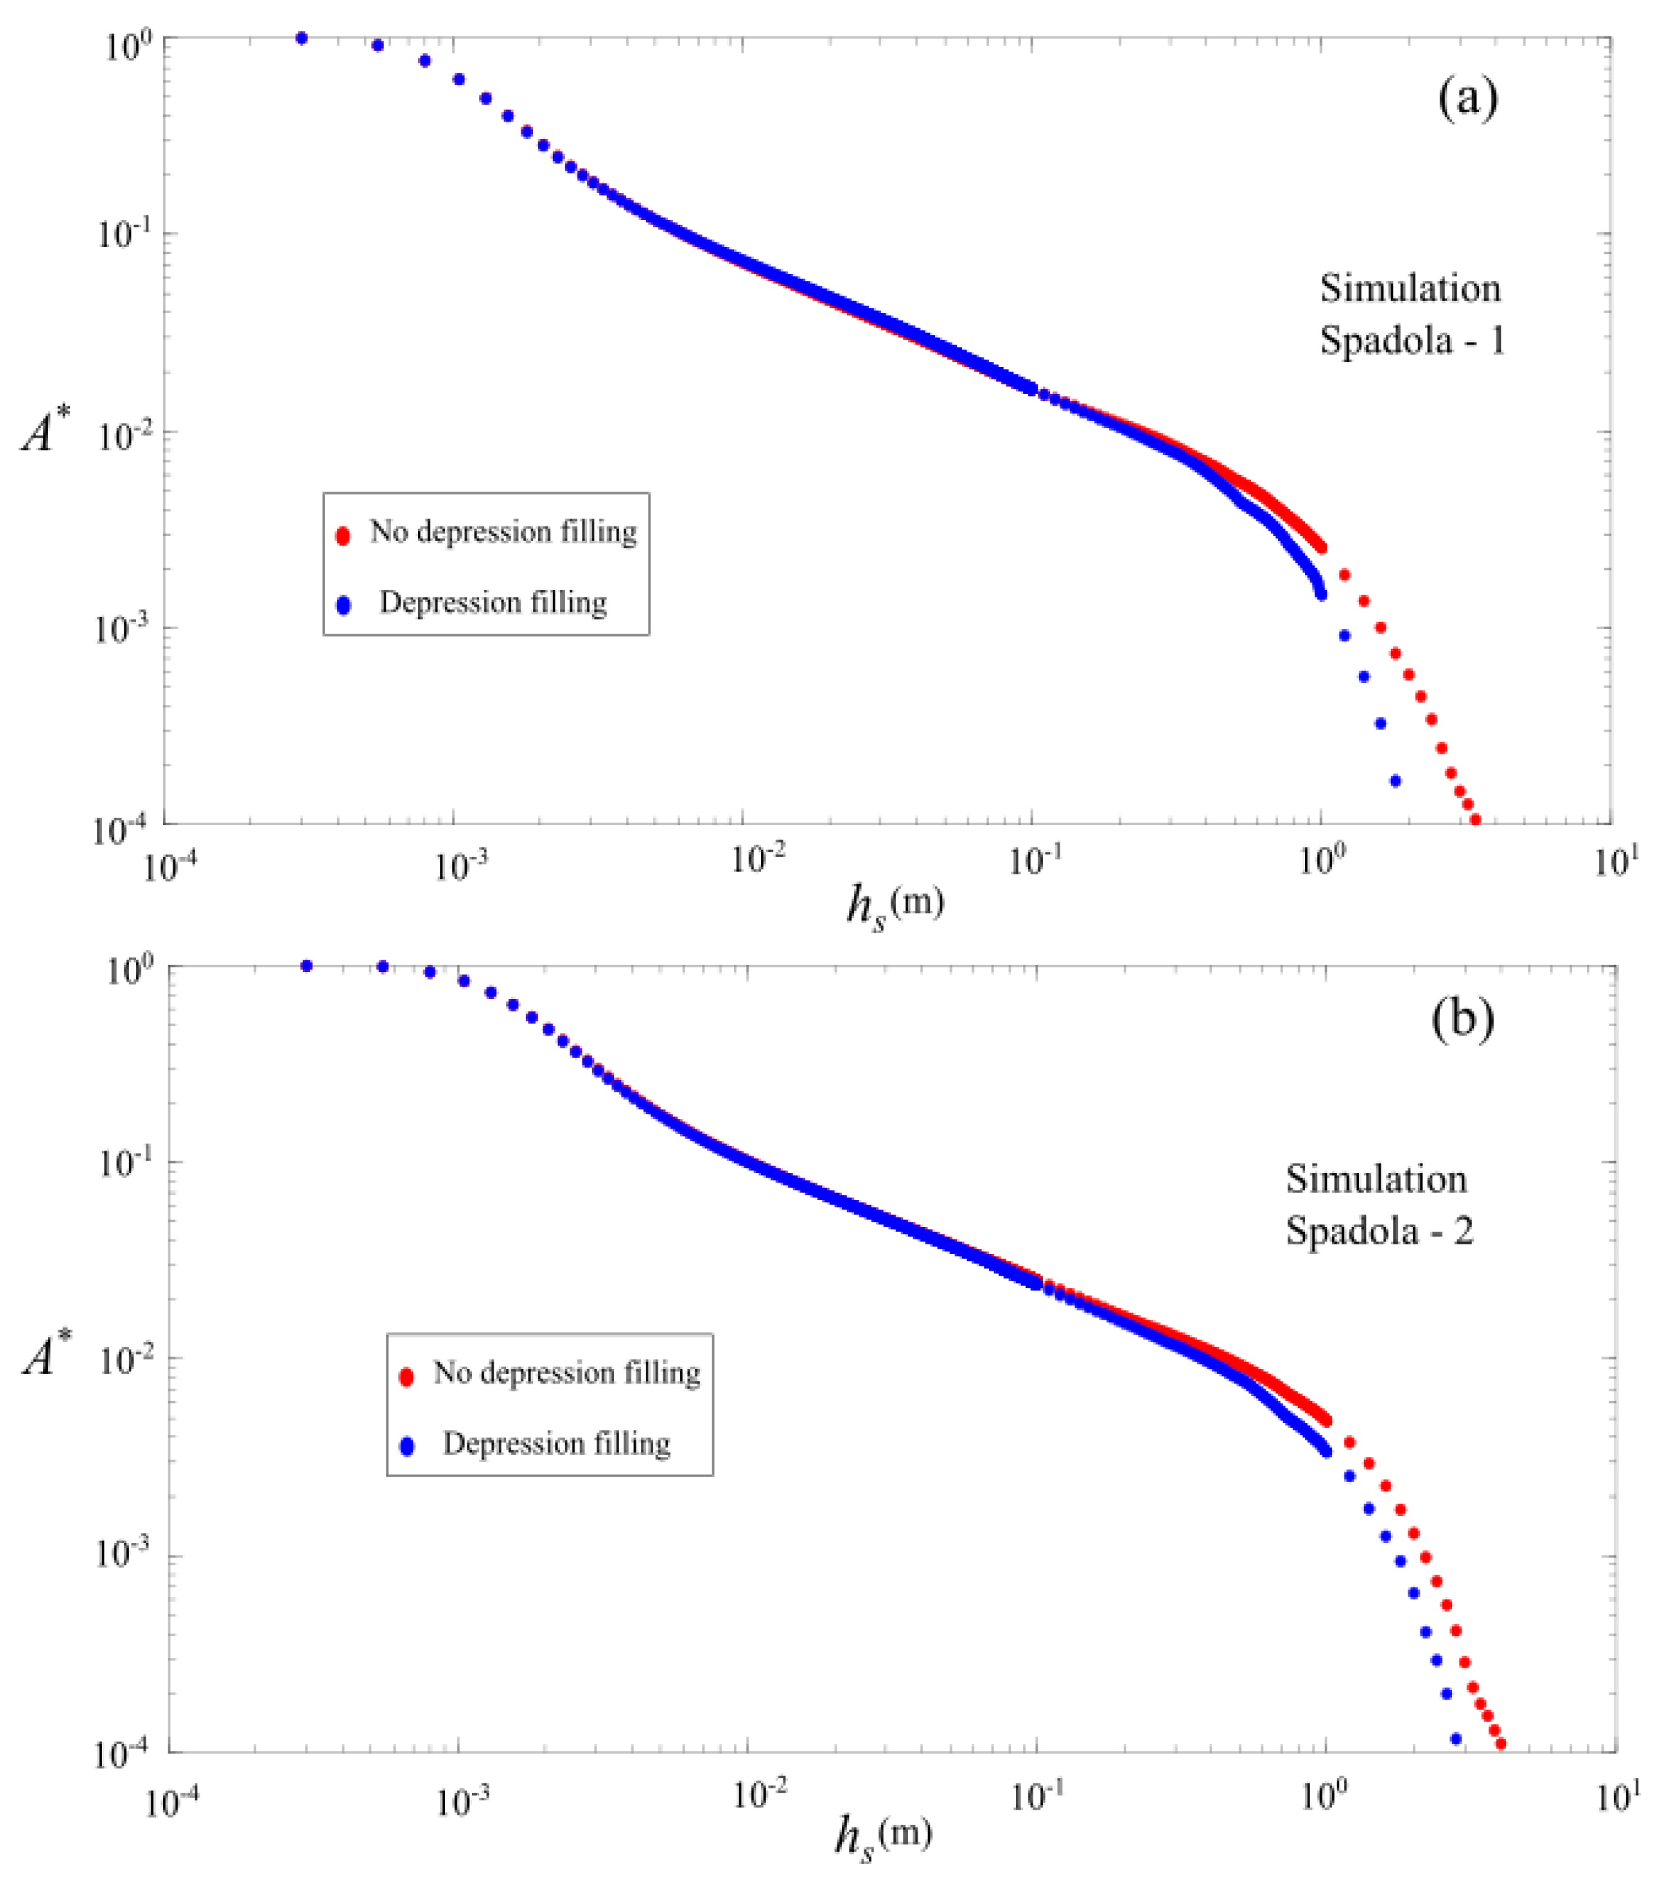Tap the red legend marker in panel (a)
[x=343, y=535]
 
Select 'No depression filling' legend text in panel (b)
[x=567, y=1373]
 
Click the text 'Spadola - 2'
[x=1379, y=1231]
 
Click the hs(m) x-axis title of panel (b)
[x=883, y=1836]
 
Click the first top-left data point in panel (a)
[x=301, y=38]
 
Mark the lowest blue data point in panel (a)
[x=1395, y=781]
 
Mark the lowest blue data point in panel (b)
[x=1456, y=1738]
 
